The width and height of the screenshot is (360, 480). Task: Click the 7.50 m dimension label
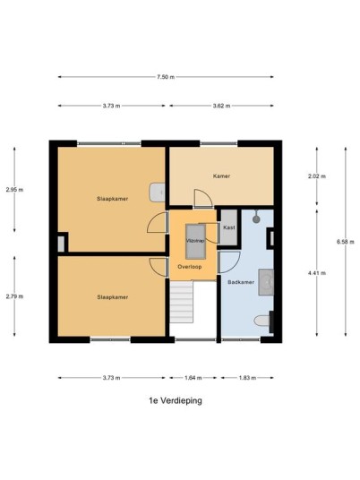pyautogui.click(x=166, y=77)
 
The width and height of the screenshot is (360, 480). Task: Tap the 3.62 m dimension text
pyautogui.click(x=221, y=106)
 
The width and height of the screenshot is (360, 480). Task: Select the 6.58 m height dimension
pyautogui.click(x=346, y=242)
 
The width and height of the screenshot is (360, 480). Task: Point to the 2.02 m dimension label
pyautogui.click(x=317, y=176)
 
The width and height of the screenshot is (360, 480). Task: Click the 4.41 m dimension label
pyautogui.click(x=317, y=273)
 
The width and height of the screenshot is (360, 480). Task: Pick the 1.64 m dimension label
pyautogui.click(x=193, y=378)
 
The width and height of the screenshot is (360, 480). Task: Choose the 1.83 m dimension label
pyautogui.click(x=247, y=378)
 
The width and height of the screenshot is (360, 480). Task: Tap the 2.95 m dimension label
pyautogui.click(x=14, y=190)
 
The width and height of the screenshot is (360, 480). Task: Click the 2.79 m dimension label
pyautogui.click(x=14, y=296)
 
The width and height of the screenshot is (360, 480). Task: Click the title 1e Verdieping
pyautogui.click(x=176, y=400)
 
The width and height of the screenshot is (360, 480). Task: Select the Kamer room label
pyautogui.click(x=221, y=176)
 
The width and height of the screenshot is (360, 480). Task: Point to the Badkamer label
pyautogui.click(x=241, y=282)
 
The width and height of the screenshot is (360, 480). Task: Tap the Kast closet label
pyautogui.click(x=229, y=227)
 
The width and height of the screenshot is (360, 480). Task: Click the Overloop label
pyautogui.click(x=190, y=267)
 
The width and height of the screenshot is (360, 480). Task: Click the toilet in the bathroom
pyautogui.click(x=262, y=321)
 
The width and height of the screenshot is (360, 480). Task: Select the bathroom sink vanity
pyautogui.click(x=266, y=282)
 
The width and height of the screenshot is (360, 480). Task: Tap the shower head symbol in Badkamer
pyautogui.click(x=256, y=218)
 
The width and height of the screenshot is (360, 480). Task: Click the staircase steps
pyautogui.click(x=182, y=302)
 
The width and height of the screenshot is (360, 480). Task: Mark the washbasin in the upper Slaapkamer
pyautogui.click(x=158, y=193)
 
